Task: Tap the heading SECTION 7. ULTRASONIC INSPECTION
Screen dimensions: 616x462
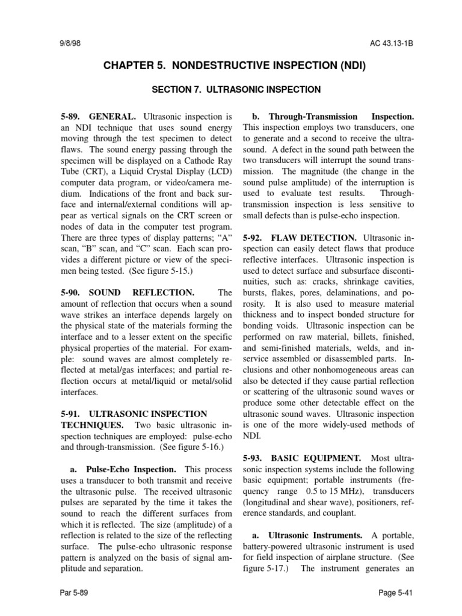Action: [236, 90]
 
